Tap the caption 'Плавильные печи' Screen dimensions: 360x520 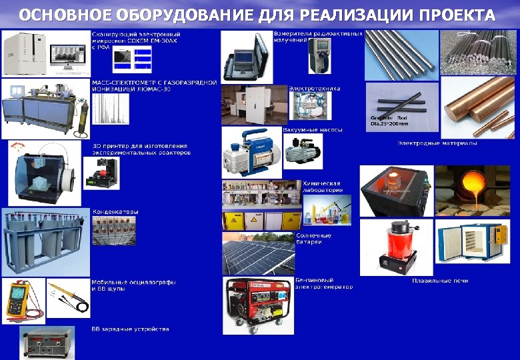440,281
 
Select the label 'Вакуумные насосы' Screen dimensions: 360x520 313,129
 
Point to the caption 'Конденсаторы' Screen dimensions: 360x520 115,212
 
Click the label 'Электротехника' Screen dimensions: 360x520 315,88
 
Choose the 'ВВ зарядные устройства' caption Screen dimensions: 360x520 130,329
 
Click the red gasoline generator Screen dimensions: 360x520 258,305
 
